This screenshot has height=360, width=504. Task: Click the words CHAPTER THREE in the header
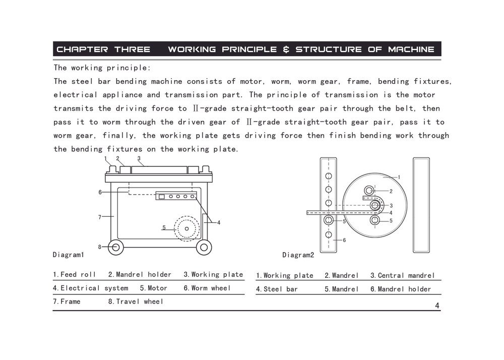(x=103, y=49)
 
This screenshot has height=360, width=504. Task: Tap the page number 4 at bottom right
(x=437, y=306)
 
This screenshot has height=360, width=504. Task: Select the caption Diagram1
(x=69, y=255)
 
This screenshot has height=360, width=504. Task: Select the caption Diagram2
(x=298, y=255)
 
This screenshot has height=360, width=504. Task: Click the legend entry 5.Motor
(x=154, y=288)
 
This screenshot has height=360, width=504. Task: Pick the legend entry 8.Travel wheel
(x=136, y=302)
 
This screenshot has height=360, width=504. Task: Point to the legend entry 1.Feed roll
(x=75, y=274)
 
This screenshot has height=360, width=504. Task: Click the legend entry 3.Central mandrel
(x=402, y=275)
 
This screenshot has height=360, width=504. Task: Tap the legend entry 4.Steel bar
(x=277, y=289)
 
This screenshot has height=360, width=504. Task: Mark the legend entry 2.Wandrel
(x=342, y=275)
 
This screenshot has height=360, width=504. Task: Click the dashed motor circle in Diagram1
(x=187, y=228)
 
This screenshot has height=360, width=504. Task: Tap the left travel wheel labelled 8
(x=115, y=247)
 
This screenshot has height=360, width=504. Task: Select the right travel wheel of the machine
(x=204, y=247)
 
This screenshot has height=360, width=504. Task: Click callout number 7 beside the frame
(x=100, y=217)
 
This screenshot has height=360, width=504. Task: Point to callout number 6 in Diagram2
(x=344, y=240)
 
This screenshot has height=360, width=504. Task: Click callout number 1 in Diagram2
(x=399, y=177)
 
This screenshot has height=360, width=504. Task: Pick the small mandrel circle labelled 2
(x=369, y=190)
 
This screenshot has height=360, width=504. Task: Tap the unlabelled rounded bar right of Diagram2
(x=421, y=205)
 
